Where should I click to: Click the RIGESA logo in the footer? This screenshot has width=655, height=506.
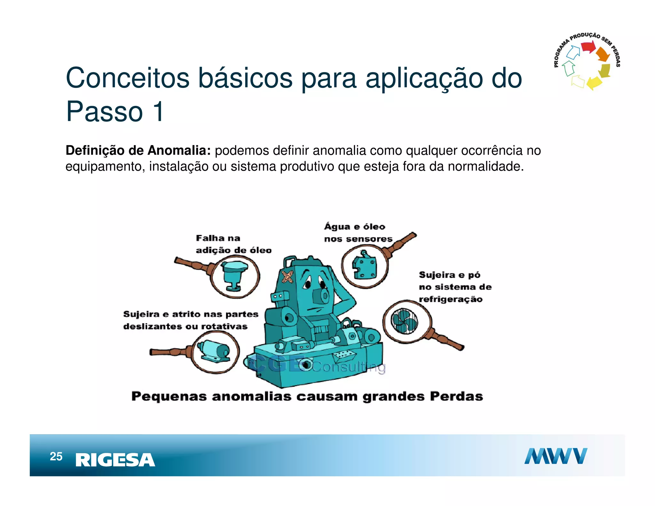115,460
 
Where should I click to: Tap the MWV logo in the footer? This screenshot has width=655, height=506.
556,456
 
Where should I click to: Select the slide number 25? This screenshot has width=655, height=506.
56,456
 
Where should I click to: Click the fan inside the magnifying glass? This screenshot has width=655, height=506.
404,321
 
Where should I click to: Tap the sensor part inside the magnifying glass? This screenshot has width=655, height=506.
365,266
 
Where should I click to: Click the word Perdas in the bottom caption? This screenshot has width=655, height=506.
456,396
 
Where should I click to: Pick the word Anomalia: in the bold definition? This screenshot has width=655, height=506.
179,150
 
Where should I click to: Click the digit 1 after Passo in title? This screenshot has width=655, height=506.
158,112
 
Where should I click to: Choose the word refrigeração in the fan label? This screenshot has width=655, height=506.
451,299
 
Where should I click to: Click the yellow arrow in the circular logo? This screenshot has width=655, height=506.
595,83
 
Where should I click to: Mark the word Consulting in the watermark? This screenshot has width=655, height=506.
349,367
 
